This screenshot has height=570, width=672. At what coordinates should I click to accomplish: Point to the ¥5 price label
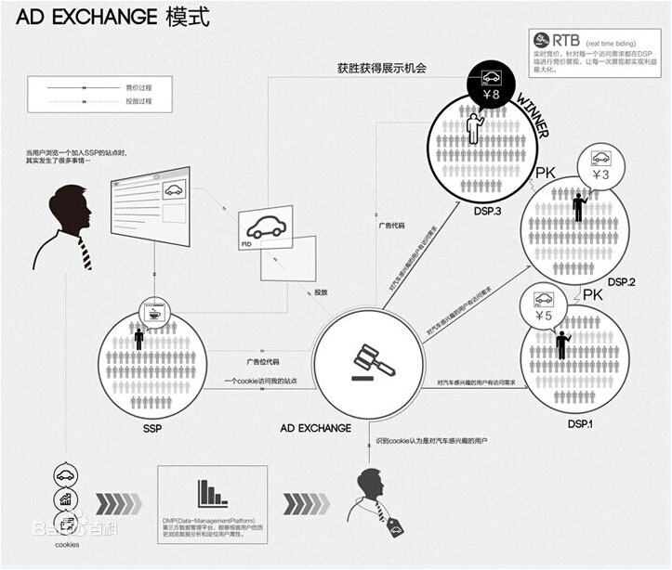click(x=542, y=316)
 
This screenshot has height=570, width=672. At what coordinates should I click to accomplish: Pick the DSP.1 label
click(x=581, y=423)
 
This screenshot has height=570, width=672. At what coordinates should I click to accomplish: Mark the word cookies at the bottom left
click(x=67, y=545)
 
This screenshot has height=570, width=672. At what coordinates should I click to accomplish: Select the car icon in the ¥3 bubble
click(x=600, y=157)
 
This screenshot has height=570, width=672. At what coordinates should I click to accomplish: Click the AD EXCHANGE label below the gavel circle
click(x=315, y=428)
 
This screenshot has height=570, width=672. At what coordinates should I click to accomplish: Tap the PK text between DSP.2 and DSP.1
click(x=593, y=294)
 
